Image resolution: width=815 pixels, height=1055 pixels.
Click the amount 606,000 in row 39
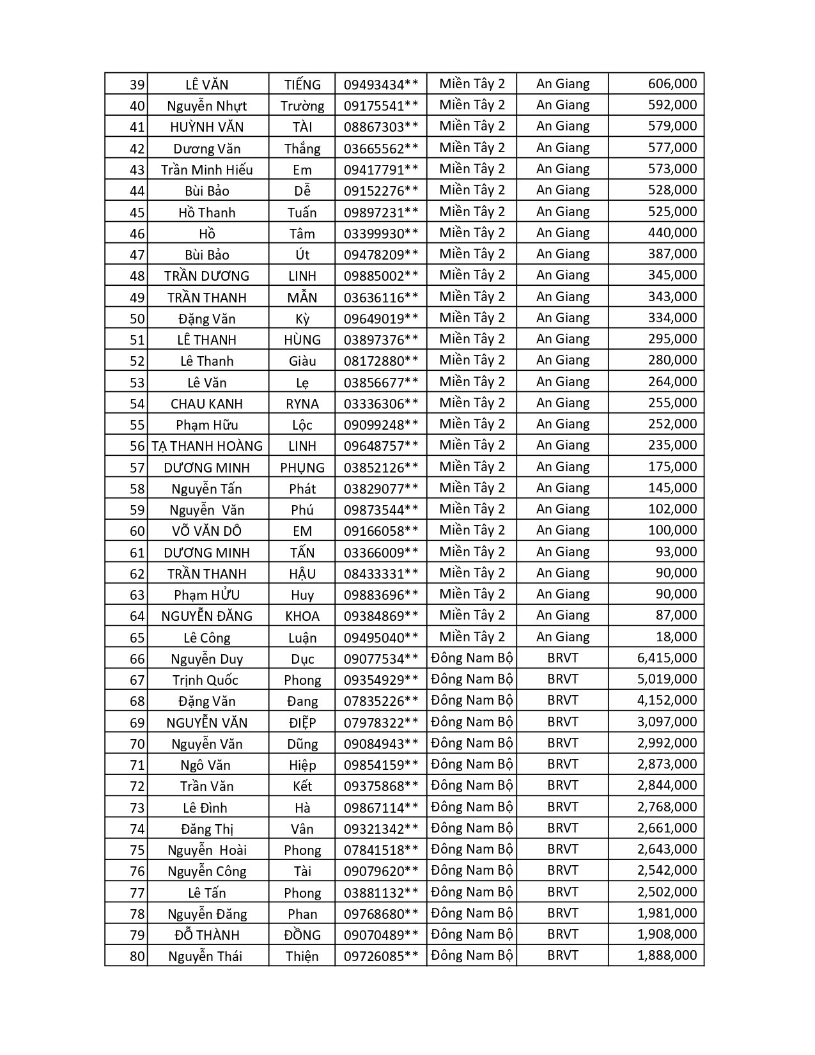click(x=672, y=84)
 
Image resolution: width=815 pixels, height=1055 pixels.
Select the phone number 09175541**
click(x=381, y=105)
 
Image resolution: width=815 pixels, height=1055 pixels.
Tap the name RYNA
click(x=302, y=403)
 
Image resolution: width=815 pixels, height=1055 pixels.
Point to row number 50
click(x=137, y=318)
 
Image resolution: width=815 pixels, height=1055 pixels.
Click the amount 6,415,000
click(x=667, y=658)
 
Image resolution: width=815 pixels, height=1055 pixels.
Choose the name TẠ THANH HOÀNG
click(x=207, y=446)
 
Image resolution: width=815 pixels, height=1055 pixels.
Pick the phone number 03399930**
click(x=381, y=233)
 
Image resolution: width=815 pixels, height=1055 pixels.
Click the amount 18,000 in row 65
click(x=676, y=637)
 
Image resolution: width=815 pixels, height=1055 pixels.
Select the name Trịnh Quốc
click(x=205, y=680)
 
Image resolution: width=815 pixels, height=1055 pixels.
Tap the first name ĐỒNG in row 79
click(x=302, y=935)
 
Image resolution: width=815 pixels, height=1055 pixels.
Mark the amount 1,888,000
click(x=667, y=955)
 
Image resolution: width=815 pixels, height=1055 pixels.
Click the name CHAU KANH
click(x=206, y=403)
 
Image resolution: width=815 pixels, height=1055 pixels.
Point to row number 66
click(x=137, y=659)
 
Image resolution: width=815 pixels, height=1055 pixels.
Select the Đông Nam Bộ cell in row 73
click(x=472, y=807)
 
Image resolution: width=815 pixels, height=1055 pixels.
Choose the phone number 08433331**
click(x=381, y=574)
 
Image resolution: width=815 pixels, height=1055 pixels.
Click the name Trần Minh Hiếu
click(x=206, y=169)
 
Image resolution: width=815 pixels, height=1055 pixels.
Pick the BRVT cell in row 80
click(x=563, y=955)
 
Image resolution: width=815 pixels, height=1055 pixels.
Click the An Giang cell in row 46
click(x=563, y=233)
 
